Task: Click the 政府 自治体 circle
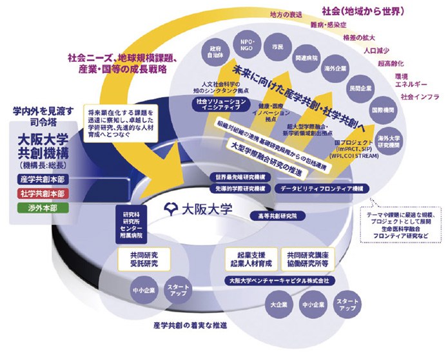pos(216,51)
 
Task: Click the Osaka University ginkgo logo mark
pos(170,209)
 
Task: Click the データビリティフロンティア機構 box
pos(322,188)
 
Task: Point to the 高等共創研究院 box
pos(278,214)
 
